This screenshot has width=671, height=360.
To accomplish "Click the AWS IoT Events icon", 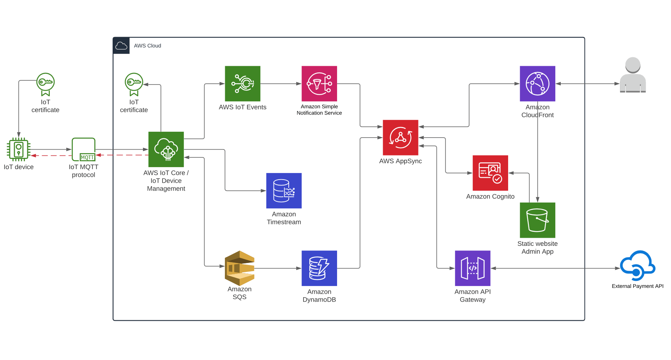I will [x=242, y=83].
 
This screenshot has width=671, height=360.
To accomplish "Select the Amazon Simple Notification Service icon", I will [x=319, y=83].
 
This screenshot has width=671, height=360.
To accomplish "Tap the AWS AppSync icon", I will [x=400, y=137].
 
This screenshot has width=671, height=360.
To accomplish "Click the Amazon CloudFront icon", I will [x=537, y=83].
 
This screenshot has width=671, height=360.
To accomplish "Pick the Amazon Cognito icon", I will [x=490, y=173].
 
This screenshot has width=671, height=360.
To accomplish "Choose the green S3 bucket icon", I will [x=537, y=220].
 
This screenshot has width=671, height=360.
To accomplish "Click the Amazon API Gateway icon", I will [x=472, y=268].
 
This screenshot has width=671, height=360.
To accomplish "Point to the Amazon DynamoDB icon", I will [x=319, y=268].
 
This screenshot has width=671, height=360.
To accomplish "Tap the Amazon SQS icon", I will [x=240, y=268].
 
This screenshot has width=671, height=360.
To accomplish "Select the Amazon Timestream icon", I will [x=284, y=191].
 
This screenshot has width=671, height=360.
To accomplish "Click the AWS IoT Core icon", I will [x=166, y=149].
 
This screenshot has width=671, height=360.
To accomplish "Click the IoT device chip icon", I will [x=18, y=149].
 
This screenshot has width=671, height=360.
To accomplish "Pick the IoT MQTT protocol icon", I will [x=83, y=149].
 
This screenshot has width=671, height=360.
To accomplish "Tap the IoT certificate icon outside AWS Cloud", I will [x=46, y=84].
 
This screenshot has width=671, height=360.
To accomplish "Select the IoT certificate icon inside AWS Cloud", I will [x=134, y=84].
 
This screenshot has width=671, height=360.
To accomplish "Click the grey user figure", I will [x=632, y=75].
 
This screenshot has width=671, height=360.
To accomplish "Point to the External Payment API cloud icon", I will [x=637, y=266].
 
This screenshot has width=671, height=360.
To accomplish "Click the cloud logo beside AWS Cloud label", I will [x=121, y=46].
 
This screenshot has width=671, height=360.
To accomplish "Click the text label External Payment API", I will [x=637, y=286].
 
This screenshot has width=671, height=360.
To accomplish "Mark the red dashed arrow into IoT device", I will [x=51, y=155].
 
